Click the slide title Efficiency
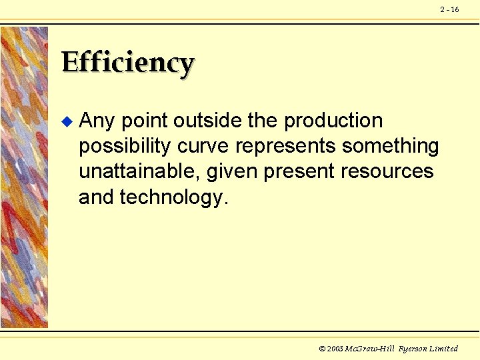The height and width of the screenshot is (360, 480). coord(127,63)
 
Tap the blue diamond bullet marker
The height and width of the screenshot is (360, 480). coord(65,121)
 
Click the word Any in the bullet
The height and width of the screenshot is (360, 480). coord(97,121)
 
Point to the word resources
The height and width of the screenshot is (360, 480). coord(387,172)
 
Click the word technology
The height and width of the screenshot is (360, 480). coord(174,197)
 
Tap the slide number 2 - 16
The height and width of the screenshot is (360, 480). coord(449,9)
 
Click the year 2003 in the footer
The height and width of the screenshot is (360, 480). coord(335,349)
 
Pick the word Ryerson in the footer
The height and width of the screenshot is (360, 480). coord(413,349)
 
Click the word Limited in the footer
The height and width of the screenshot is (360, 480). coord(445,349)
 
